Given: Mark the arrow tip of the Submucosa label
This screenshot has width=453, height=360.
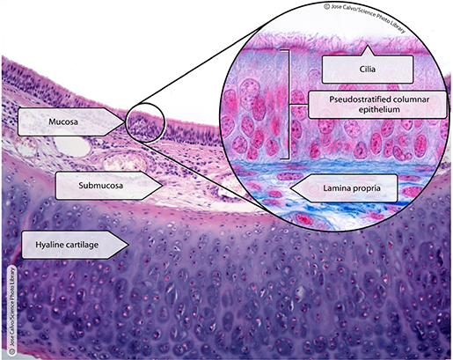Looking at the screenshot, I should [x=164, y=185].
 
